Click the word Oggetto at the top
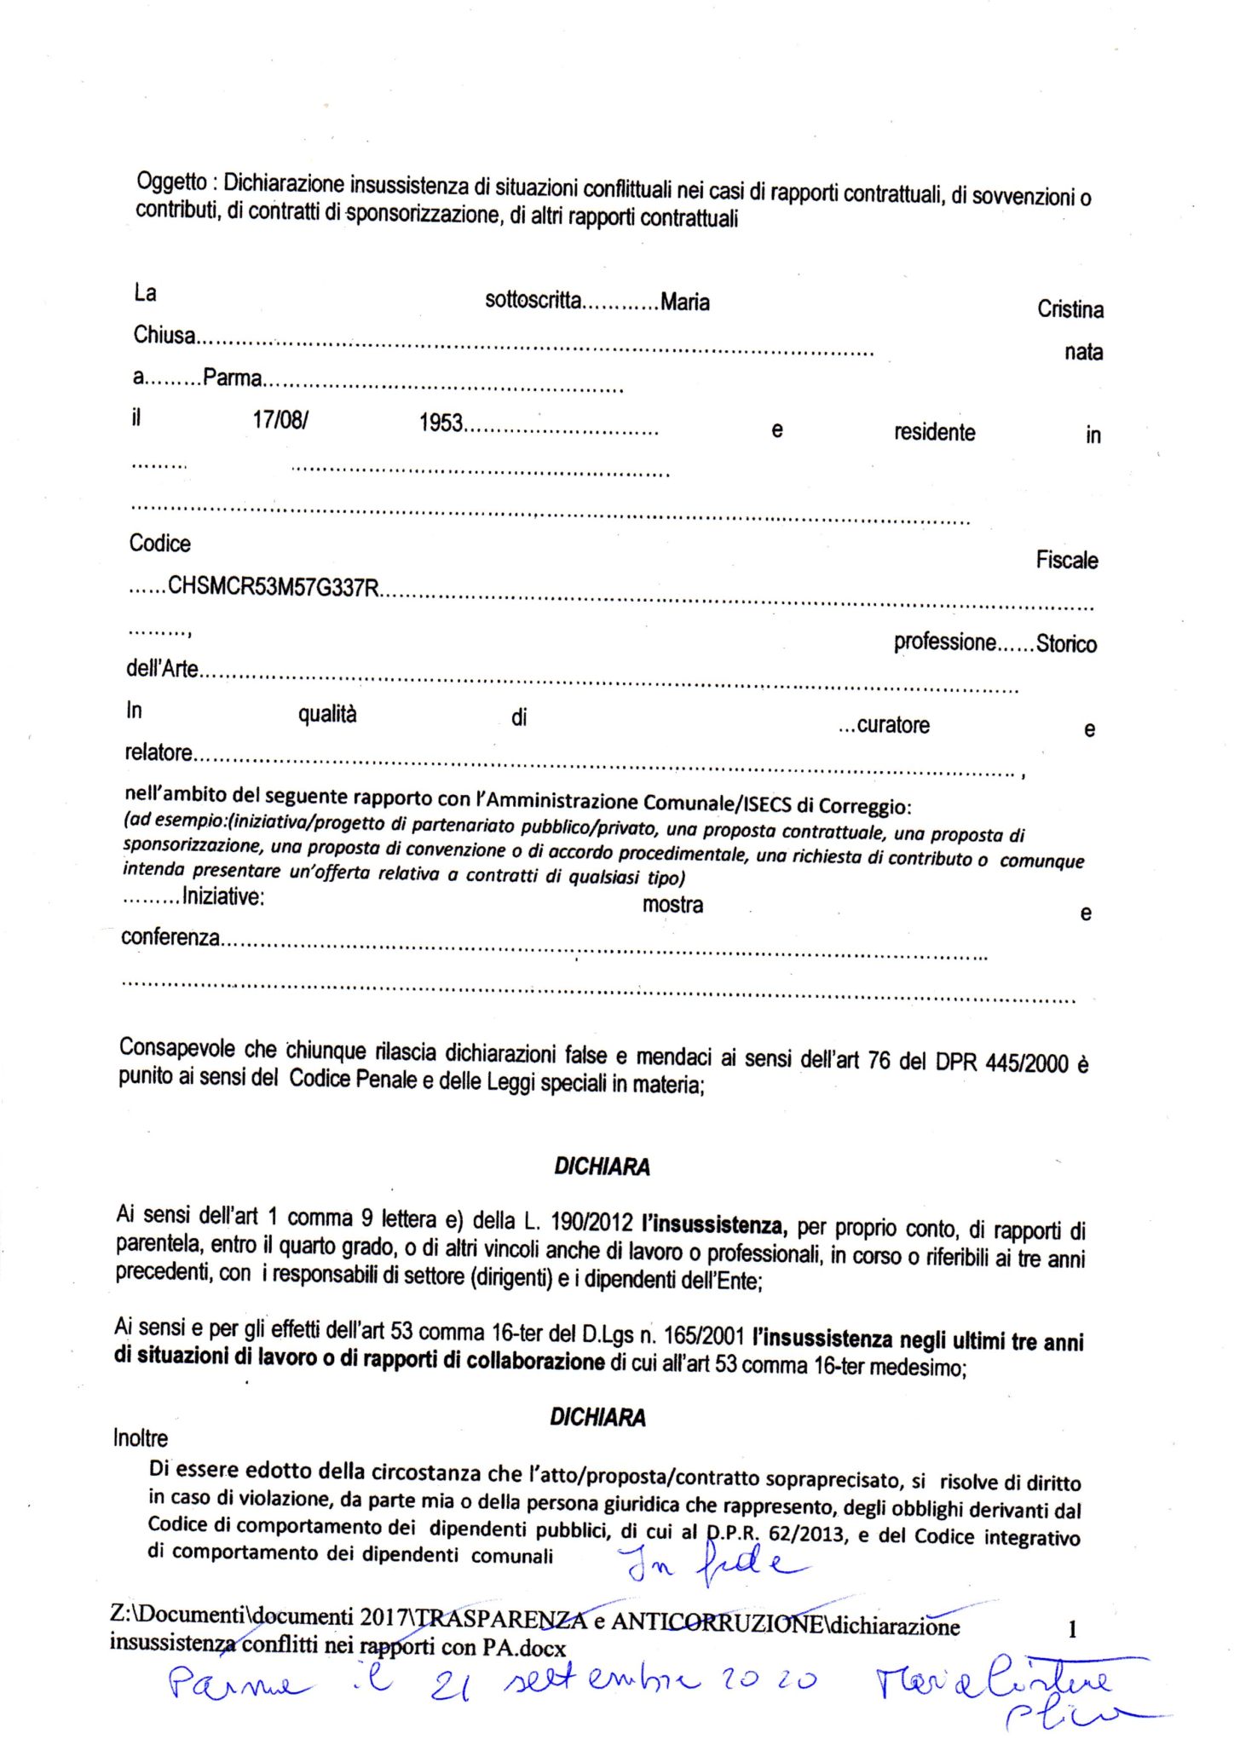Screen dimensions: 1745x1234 (x=171, y=182)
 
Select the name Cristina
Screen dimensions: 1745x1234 (x=1070, y=309)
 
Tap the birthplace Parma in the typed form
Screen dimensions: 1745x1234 (x=232, y=377)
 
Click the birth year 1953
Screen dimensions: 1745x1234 (x=441, y=423)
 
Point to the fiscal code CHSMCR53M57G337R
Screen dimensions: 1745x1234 (x=274, y=587)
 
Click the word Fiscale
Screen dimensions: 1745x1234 (x=1066, y=560)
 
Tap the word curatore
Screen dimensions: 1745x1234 (x=892, y=725)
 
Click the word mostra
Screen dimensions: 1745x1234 (x=672, y=904)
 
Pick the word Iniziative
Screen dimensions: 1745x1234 (x=222, y=896)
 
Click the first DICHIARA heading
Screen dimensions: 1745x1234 (x=602, y=1166)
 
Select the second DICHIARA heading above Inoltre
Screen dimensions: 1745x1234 (x=597, y=1417)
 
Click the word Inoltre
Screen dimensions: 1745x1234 (x=141, y=1438)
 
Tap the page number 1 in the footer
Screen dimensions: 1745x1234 (x=1072, y=1629)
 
